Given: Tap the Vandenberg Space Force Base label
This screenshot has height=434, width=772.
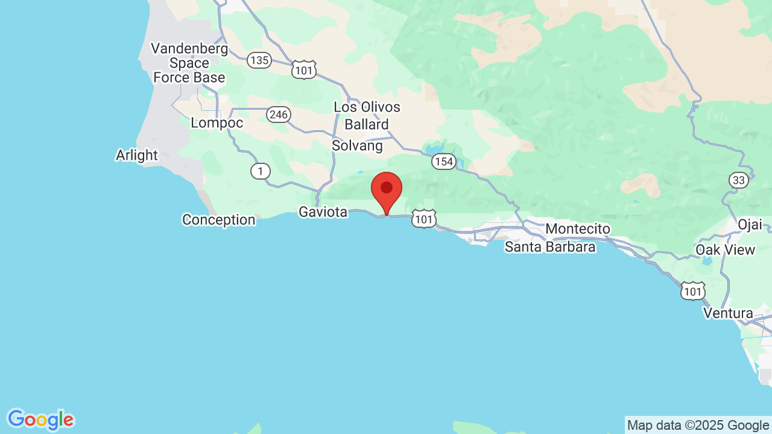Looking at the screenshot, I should coord(189,63).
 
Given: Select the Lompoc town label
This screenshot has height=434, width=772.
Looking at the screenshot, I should coord(217,123).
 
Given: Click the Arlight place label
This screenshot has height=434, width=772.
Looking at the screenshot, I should coord(137,156).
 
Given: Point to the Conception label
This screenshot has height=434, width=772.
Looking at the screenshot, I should coord(219,220).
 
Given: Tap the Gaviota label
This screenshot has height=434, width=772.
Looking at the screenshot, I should coord(323,212).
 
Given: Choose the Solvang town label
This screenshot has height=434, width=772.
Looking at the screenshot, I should coord(357,146).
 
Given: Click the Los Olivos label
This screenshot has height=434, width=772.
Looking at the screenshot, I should coord(367,107).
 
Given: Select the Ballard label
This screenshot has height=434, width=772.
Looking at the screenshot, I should coord(367,125).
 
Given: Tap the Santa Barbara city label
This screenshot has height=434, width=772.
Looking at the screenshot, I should coord(550,247).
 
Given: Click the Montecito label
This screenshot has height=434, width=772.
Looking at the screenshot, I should coord(578,229).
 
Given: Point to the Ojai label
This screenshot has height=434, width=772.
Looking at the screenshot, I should coord(750,225).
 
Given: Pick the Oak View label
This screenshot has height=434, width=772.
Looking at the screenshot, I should coord(725,250).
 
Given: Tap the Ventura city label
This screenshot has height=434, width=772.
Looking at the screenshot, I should coord(728,313).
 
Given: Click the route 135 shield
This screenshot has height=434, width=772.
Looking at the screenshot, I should coord(259,60).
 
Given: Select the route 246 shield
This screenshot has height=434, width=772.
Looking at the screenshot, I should coord(279,115).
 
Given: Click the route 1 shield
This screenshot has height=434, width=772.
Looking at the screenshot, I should coord(260,172).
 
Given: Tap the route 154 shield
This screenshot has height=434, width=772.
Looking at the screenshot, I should coord(443,162).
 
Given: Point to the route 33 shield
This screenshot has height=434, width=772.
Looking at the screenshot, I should coord(739,180).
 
